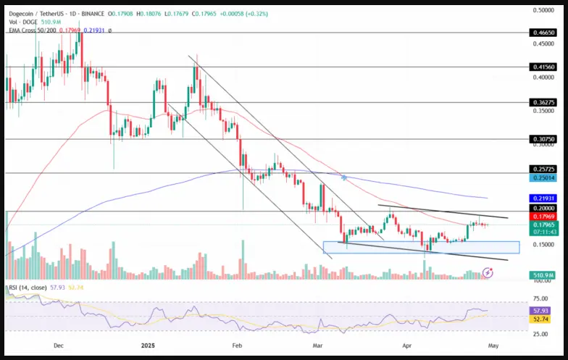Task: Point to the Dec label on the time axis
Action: [58, 346]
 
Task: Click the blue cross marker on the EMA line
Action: [343, 177]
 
